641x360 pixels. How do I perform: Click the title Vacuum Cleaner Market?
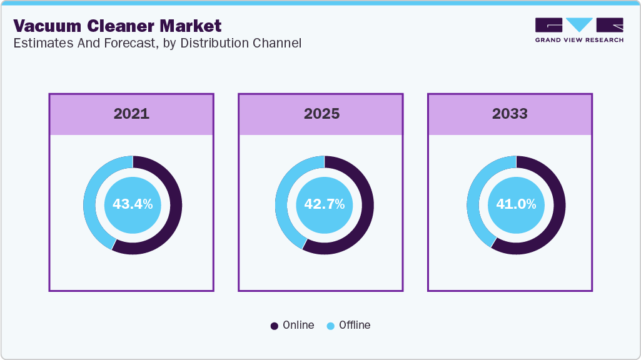(118, 26)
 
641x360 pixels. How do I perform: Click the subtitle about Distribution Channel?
(157, 43)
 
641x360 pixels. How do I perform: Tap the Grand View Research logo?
(578, 26)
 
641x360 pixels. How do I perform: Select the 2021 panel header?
(131, 114)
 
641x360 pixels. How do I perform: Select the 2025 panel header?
(321, 114)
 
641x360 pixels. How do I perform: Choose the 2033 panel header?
(510, 114)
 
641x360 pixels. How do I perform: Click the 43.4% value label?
(133, 204)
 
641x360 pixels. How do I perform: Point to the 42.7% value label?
(324, 204)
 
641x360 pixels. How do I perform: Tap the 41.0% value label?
(516, 204)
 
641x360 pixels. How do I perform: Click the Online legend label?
(298, 325)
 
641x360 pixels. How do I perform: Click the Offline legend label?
(355, 325)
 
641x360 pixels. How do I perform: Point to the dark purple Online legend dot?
(275, 326)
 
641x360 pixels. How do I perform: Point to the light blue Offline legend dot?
(330, 326)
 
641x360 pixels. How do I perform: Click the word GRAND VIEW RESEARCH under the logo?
(578, 40)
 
